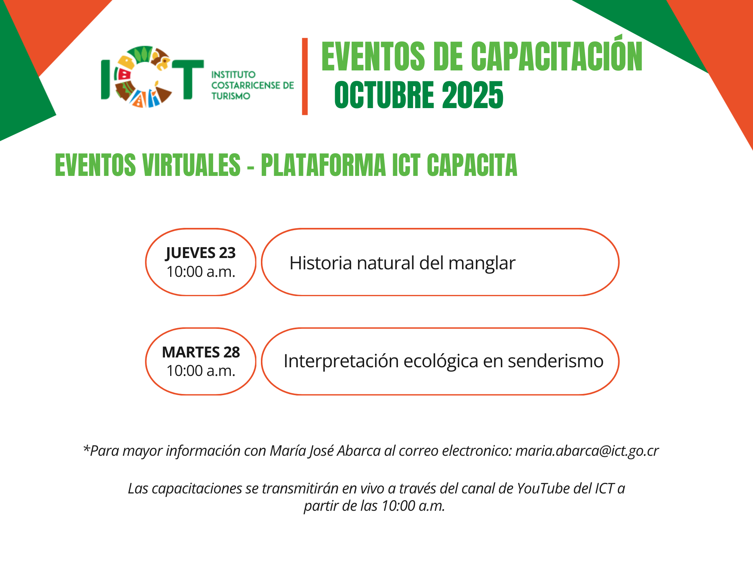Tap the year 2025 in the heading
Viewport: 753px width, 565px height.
[x=473, y=95]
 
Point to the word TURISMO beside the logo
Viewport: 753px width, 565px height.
[x=230, y=96]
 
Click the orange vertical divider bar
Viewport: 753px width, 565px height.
[x=305, y=76]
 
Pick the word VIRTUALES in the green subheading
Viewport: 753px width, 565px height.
[x=192, y=165]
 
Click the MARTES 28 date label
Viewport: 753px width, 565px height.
[x=201, y=352]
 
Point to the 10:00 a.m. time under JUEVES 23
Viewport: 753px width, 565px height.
[x=201, y=272]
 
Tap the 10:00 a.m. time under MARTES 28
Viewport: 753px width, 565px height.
[x=201, y=371]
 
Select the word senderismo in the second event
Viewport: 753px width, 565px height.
[x=556, y=361]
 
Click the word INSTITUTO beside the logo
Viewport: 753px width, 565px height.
[x=233, y=75]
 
